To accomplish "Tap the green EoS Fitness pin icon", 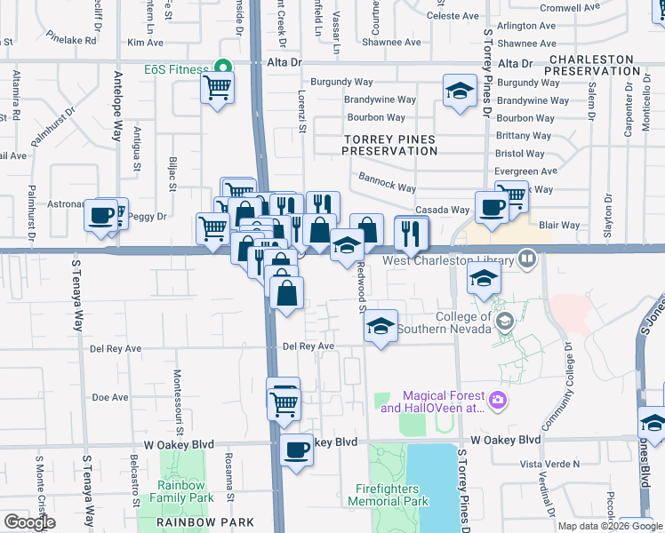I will click(x=220, y=67).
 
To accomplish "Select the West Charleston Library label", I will click(x=448, y=260).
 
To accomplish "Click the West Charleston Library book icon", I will click(x=528, y=259).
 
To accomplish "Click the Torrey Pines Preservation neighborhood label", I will click(x=390, y=145).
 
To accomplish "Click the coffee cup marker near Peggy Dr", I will click(x=101, y=215).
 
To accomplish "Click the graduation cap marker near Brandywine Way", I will click(x=460, y=91).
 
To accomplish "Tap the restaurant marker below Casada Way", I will click(x=411, y=233).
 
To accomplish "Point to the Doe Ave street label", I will click(x=111, y=397).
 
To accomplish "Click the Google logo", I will click(x=29, y=522).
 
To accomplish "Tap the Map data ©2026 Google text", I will click(x=611, y=526).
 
